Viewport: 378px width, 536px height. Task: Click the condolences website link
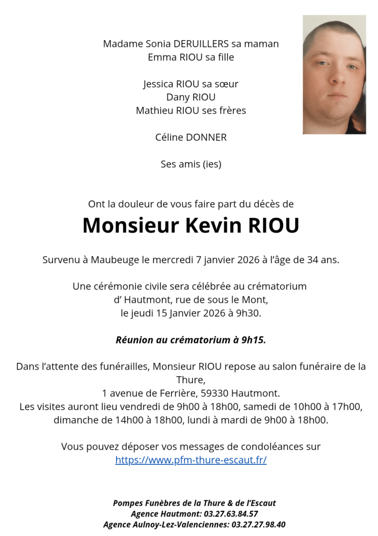(x=191, y=461)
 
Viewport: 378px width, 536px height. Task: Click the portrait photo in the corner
(x=334, y=75)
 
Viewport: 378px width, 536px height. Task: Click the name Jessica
(x=159, y=84)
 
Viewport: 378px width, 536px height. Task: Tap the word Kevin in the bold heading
(x=213, y=226)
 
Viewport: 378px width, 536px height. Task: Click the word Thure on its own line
(x=191, y=379)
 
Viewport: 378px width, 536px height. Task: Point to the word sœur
(x=227, y=84)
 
